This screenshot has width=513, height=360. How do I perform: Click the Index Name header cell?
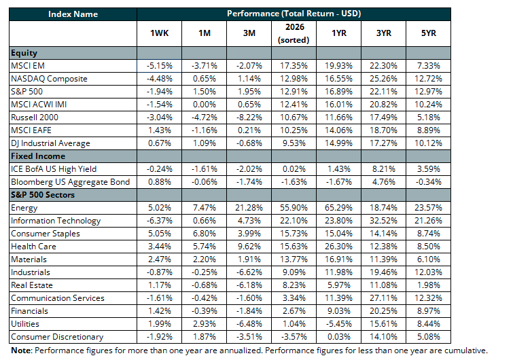73,14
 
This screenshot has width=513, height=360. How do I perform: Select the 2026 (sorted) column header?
294,33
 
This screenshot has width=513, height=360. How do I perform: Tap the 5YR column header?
428,33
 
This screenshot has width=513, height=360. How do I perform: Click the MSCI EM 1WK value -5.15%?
159,66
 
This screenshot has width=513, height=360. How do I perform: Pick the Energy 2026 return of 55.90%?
294,208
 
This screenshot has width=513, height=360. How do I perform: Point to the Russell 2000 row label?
35,118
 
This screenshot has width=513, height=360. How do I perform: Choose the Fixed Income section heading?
38,156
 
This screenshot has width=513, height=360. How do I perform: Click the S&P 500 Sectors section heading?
43,195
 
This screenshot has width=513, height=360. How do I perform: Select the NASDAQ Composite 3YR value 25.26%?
383,79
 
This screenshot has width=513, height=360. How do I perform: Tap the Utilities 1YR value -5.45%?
338,324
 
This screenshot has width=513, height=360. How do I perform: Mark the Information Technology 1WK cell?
159,221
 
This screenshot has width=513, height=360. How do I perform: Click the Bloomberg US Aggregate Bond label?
71,182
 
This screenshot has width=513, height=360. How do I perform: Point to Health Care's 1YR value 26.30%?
338,247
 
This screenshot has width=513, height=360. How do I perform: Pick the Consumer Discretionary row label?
57,337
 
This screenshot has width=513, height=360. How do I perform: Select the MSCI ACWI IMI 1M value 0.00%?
204,105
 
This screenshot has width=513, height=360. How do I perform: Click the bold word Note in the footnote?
21,350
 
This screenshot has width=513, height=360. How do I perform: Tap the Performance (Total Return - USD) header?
294,14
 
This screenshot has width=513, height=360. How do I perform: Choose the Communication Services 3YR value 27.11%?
383,298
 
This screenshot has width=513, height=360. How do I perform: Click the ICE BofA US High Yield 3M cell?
249,169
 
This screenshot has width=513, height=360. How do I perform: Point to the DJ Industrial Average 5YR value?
428,143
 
